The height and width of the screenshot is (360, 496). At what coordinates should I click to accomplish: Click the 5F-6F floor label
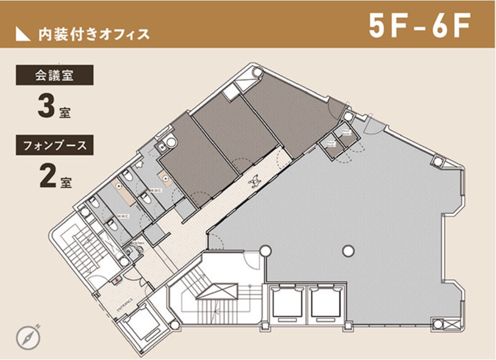[x=420, y=26]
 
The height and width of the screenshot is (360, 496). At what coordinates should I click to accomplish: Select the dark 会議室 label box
[x=54, y=76]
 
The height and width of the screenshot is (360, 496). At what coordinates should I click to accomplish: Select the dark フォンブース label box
[x=54, y=146]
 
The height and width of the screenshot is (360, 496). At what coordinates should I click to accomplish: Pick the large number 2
[x=47, y=177]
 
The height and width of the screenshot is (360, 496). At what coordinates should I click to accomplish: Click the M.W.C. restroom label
[x=157, y=190]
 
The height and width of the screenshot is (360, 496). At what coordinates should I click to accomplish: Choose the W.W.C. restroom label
[x=123, y=216]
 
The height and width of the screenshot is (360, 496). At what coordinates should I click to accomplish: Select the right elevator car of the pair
[x=327, y=302]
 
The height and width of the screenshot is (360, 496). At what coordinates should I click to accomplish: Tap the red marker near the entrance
[x=117, y=282]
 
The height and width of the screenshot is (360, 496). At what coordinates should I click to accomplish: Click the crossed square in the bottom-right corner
[x=438, y=325]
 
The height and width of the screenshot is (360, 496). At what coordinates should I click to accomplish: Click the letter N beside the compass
[x=37, y=326]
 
